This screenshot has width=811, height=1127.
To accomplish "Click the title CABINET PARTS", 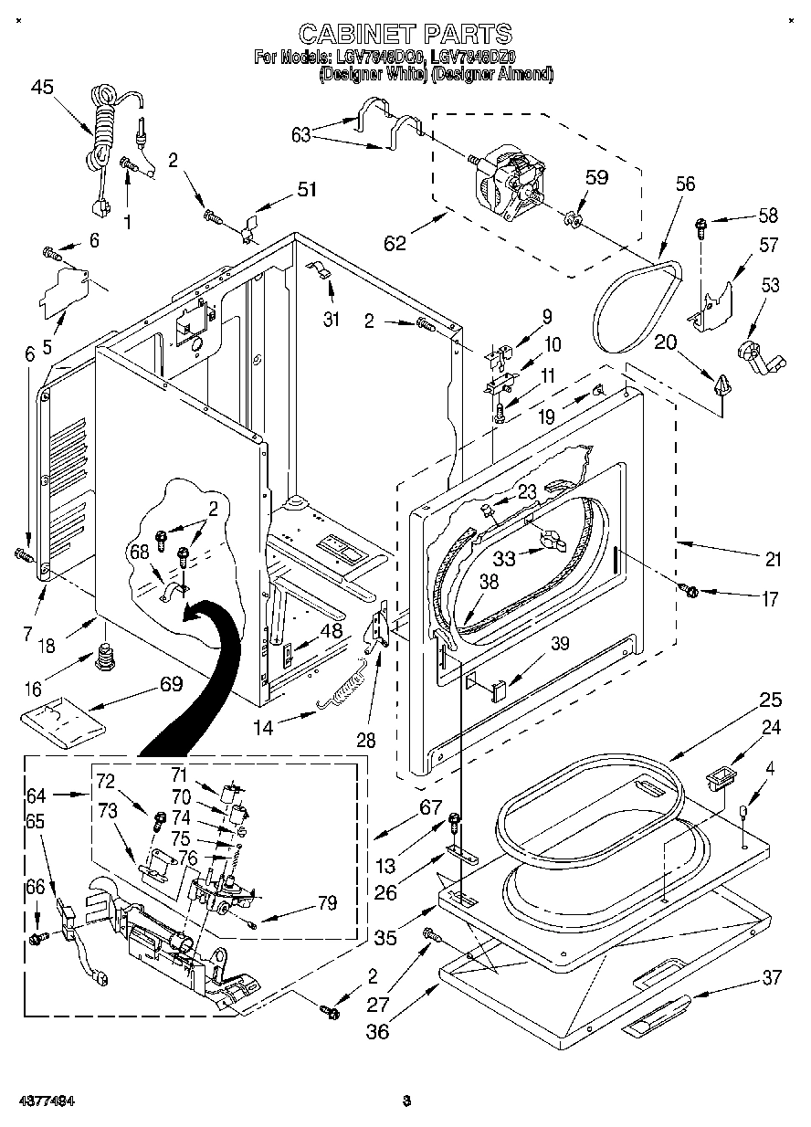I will pos(405,34).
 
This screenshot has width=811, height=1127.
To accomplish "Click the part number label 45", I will pos(42,87).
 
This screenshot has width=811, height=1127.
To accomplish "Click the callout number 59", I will pos(595,177).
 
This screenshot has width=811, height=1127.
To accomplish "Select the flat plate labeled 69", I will pos(62,719).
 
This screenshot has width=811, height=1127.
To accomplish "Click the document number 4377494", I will pos(44,1101).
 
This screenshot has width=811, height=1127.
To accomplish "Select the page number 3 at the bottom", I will pos(407,1101).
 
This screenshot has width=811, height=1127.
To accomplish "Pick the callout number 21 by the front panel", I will pos(774,560).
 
